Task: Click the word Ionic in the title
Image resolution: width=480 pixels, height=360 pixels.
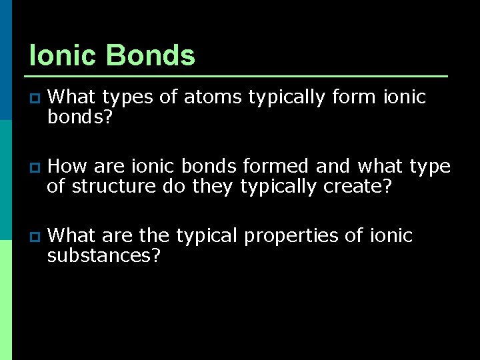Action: (63, 56)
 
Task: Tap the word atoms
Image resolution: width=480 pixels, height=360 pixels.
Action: (213, 97)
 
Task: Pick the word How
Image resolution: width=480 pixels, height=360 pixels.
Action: (67, 167)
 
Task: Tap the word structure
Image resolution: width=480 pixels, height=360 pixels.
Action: (113, 186)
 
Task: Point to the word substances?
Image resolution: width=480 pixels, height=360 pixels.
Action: (104, 255)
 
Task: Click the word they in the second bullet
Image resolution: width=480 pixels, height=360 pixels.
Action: (213, 186)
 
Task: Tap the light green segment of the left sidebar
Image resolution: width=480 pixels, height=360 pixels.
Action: (6, 300)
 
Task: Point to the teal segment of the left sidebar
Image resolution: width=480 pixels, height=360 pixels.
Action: (6, 180)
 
